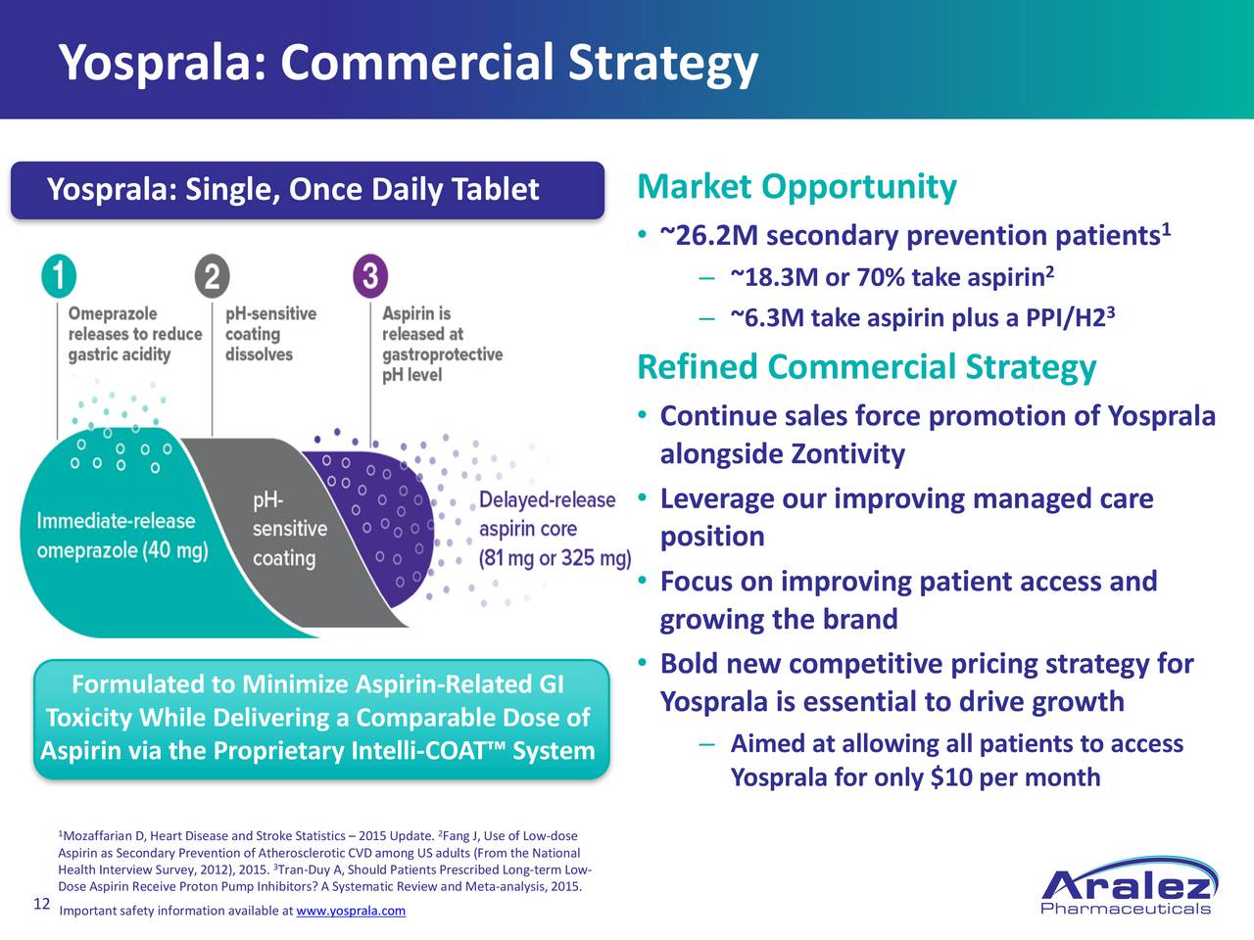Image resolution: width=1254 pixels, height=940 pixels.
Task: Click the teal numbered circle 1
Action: pyautogui.click(x=59, y=276)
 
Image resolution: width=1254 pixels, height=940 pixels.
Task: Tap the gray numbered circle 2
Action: pyautogui.click(x=212, y=276)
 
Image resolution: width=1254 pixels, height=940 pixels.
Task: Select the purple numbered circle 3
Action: pyautogui.click(x=370, y=276)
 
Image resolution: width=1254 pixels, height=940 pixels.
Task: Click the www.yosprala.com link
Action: pyautogui.click(x=351, y=911)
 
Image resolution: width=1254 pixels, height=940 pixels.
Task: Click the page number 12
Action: pyautogui.click(x=42, y=904)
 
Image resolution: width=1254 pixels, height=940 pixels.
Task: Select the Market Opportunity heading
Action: pyautogui.click(x=796, y=187)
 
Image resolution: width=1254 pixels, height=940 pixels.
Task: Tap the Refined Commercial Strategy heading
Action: pyautogui.click(x=867, y=367)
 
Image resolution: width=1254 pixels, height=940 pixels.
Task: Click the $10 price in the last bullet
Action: pyautogui.click(x=951, y=777)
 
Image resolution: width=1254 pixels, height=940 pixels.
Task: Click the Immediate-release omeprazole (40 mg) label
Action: pyautogui.click(x=122, y=536)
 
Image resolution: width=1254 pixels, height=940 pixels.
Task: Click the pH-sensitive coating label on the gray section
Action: pyautogui.click(x=290, y=529)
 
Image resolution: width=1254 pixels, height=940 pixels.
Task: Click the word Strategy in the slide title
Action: pyautogui.click(x=663, y=65)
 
